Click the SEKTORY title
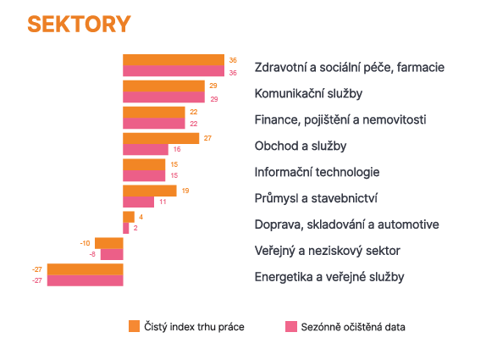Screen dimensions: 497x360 [x=79, y=24]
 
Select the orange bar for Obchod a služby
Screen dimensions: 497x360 [x=161, y=139]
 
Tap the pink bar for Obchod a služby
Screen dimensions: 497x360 [x=146, y=149]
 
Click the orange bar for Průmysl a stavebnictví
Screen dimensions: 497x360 [x=150, y=191]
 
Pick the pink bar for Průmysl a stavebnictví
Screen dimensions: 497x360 [x=139, y=202]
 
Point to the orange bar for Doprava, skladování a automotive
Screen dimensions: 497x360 [x=129, y=217]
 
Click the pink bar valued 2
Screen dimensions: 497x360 [x=126, y=228]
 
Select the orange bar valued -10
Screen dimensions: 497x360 [x=109, y=243]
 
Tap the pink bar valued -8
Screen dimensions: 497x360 [x=112, y=254]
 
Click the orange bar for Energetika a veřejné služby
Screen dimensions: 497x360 [x=86, y=269]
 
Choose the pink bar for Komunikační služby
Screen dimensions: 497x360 [x=164, y=97]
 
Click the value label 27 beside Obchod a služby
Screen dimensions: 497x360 [x=207, y=138]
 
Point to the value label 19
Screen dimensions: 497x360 [x=185, y=191]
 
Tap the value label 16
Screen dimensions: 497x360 [x=177, y=149]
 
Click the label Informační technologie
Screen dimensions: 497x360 [x=317, y=172]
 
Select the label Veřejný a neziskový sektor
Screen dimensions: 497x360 [x=328, y=251]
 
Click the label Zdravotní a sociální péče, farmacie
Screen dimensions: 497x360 [x=350, y=68]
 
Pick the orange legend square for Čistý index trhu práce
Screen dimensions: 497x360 [x=134, y=326]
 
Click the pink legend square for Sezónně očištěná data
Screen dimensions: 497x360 [x=291, y=326]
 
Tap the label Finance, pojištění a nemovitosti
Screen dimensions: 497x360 [x=340, y=120]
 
